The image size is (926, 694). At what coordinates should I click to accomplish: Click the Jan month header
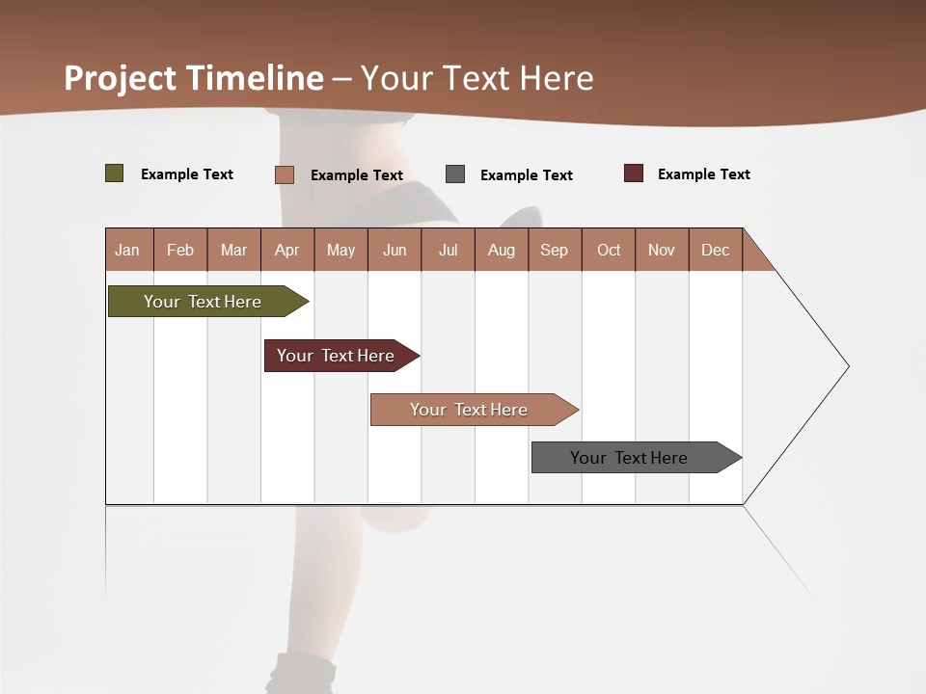point(128,250)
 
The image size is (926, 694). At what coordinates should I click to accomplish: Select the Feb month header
point(180,250)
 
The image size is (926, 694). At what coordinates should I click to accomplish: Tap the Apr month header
point(287,250)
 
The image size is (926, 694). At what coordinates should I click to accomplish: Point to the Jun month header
point(395,250)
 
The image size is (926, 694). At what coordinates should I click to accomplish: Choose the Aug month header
point(502,250)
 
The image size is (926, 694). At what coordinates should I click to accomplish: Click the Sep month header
point(555,250)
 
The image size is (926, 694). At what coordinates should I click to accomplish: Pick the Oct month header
point(609,250)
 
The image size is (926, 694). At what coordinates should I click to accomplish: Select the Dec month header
point(716,250)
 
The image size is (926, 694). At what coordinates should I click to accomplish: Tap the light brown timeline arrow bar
point(471,410)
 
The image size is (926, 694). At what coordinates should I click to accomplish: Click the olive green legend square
point(115,173)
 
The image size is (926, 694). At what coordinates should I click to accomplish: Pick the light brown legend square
point(285,174)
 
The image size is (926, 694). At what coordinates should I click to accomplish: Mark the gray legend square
point(455,174)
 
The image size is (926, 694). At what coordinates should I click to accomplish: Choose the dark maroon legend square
point(634,173)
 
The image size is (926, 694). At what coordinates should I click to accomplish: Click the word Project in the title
point(120,78)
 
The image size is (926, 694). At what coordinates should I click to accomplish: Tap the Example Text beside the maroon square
point(703,174)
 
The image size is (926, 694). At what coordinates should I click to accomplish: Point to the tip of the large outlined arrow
point(847,366)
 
